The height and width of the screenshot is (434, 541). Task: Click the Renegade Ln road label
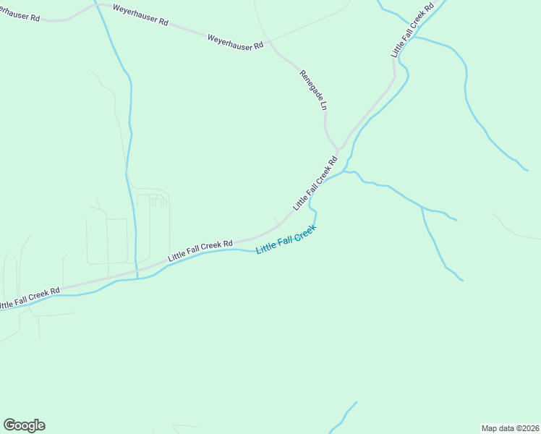pos(314,90)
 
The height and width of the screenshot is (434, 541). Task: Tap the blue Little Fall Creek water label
pos(286,239)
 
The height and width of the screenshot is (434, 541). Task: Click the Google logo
pos(24,425)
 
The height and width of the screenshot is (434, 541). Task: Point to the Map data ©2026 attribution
pos(510,427)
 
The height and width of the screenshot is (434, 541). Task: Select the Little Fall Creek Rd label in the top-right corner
pos(412,30)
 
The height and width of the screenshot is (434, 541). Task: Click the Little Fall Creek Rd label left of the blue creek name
pos(200,251)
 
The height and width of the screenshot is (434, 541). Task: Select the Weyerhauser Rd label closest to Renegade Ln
pos(234,42)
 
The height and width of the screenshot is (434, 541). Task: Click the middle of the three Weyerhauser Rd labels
pos(140,17)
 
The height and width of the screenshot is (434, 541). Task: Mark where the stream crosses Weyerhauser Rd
pos(96,7)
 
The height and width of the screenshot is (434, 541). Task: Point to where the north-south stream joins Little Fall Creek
pos(137,278)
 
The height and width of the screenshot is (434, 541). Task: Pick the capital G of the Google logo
pos(10,425)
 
